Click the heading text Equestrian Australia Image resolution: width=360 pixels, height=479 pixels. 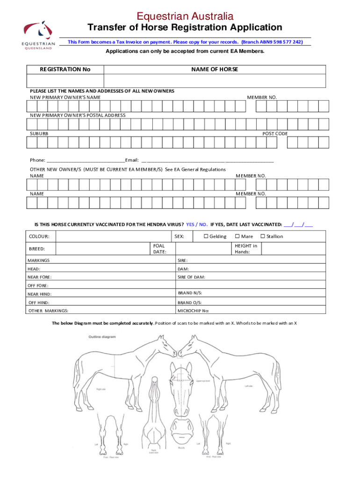185,17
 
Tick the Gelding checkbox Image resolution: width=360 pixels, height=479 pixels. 206,236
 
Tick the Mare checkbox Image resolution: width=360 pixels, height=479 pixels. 237,236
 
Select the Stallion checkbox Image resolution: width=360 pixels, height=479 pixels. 262,236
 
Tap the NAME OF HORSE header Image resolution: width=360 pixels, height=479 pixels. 215,69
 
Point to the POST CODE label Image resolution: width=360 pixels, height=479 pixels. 275,134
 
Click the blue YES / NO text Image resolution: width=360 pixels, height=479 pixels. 197,224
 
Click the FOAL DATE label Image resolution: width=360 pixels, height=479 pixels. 159,248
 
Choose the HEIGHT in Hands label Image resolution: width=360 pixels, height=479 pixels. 245,248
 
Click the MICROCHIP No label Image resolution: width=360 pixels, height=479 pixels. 194,311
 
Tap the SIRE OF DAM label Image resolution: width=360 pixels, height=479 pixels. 191,277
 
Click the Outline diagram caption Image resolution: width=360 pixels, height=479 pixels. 102,336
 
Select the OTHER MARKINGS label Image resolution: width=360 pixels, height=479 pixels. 48,311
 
